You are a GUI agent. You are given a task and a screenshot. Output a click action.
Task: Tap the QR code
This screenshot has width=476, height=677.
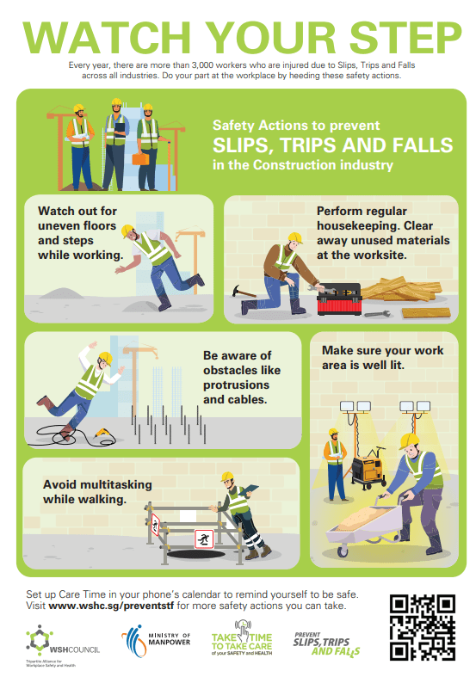422,627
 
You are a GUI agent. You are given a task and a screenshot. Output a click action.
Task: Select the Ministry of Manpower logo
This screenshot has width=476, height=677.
156,641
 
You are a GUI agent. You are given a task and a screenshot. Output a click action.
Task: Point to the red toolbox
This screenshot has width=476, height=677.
339,299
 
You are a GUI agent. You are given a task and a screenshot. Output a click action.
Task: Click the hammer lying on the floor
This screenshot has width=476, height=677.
244,292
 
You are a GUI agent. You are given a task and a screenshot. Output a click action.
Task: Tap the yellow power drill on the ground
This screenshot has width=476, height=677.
103,432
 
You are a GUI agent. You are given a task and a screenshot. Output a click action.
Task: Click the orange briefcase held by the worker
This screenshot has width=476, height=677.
140,159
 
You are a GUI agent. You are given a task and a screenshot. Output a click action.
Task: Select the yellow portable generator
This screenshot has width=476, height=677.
368,469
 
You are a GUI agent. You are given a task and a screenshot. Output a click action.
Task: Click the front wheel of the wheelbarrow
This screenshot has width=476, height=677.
343,551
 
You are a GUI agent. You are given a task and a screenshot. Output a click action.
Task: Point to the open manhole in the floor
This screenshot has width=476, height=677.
195,554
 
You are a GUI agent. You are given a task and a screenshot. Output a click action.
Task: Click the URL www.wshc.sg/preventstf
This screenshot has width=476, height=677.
111,606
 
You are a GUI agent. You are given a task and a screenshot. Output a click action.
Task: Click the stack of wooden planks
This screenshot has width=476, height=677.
403,289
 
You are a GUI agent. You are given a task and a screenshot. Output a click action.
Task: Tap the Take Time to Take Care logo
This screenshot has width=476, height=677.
242,638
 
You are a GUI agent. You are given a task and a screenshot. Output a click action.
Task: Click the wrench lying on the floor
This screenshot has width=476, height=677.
377,314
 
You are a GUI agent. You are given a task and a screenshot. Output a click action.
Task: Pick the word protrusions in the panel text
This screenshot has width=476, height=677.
236,385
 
